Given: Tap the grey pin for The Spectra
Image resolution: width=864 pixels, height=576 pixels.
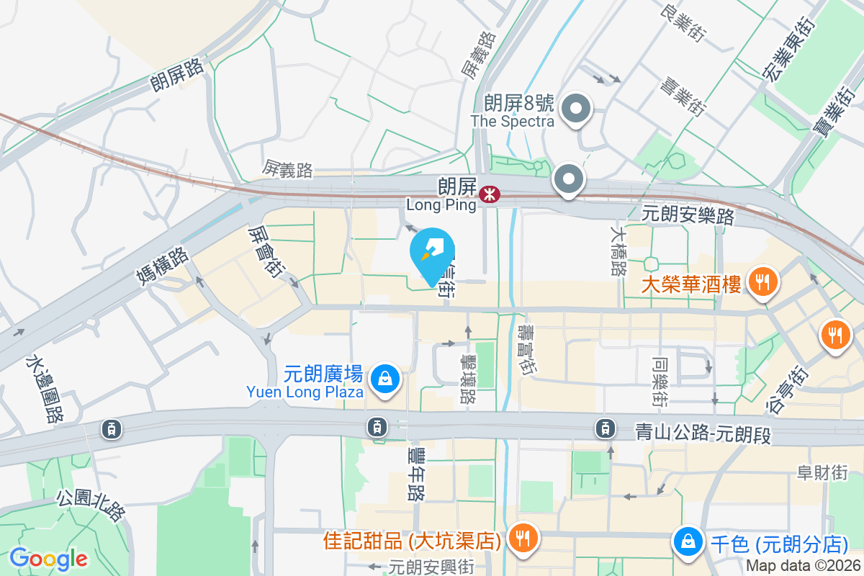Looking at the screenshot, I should point(575,109).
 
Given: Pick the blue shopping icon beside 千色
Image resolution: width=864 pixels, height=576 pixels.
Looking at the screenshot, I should point(688,541).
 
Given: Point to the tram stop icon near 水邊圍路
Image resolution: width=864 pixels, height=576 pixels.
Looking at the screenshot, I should point(111,429).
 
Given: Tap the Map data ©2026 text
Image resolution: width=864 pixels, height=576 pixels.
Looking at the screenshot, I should point(803,566).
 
